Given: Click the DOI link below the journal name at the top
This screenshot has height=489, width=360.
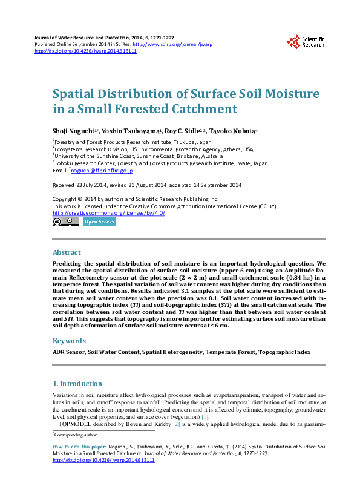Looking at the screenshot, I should click(85, 51).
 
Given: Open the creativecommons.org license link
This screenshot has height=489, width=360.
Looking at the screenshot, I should click(109, 213).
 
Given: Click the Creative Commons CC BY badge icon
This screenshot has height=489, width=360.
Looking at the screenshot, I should click(65, 222).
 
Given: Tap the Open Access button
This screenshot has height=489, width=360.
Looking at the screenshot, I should click(99, 222).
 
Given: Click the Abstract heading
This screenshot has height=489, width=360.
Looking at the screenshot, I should click(67, 252).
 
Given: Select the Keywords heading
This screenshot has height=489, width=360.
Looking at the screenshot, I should click(69, 341).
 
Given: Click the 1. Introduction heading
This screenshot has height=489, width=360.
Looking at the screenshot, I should click(77, 384).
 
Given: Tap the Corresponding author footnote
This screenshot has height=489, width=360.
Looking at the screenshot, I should click(77, 435).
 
